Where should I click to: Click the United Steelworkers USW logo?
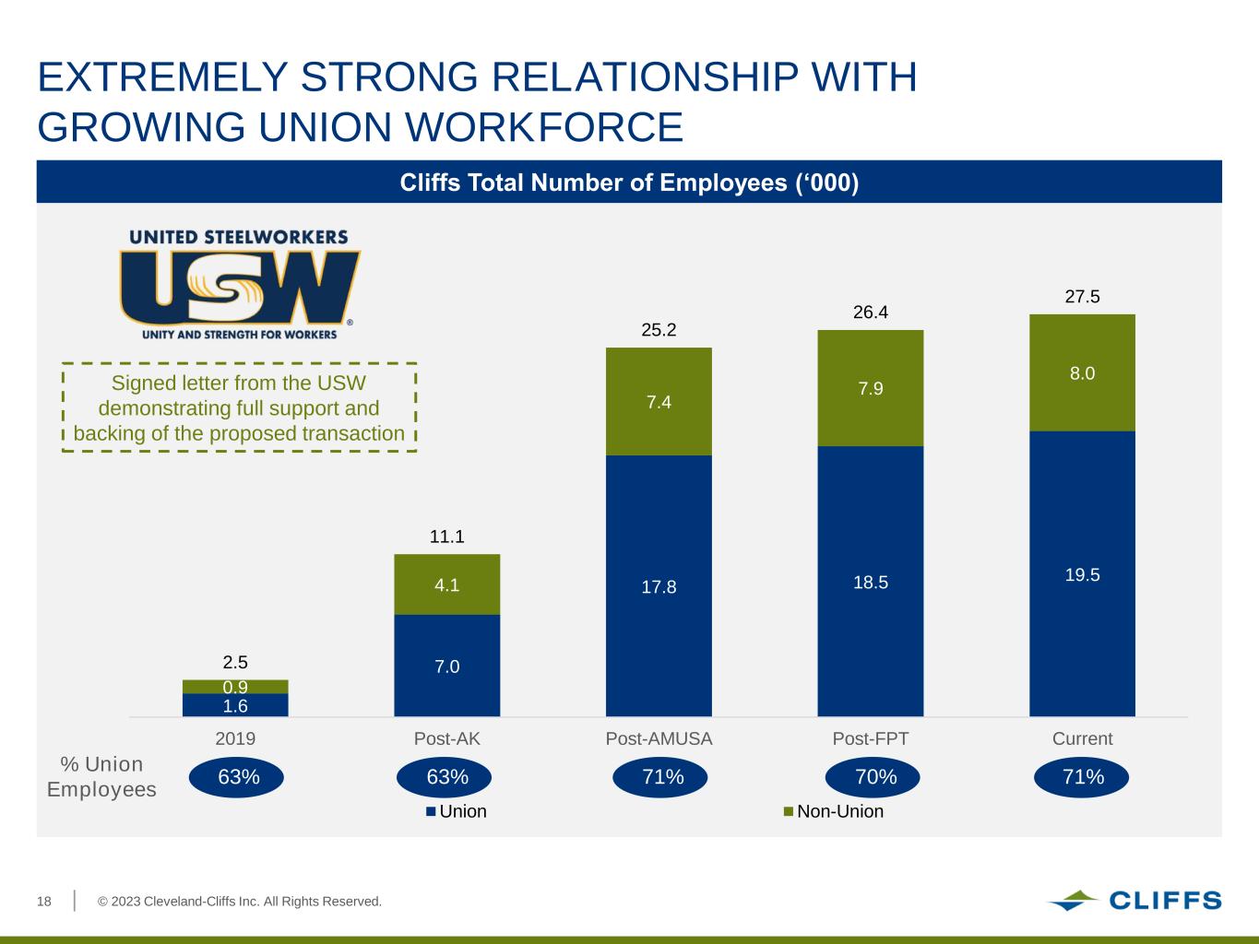[x=240, y=285]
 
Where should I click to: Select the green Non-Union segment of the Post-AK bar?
[x=447, y=584]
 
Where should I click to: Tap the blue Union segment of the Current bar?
[x=1082, y=573]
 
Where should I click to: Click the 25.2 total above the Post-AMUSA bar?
[x=659, y=330]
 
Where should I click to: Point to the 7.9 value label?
[x=871, y=388]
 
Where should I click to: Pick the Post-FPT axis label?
[x=871, y=738]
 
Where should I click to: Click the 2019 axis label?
[x=235, y=738]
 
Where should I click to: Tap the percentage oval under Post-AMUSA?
[x=661, y=777]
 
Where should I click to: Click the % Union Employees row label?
[x=101, y=777]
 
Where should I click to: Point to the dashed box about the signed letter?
[x=239, y=407]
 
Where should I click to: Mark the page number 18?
[x=44, y=901]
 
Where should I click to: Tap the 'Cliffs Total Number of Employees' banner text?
[x=629, y=183]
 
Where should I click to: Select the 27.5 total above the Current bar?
[x=1082, y=297]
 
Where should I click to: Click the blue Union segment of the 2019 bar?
[x=235, y=705]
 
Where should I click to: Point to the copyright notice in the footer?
[x=240, y=901]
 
